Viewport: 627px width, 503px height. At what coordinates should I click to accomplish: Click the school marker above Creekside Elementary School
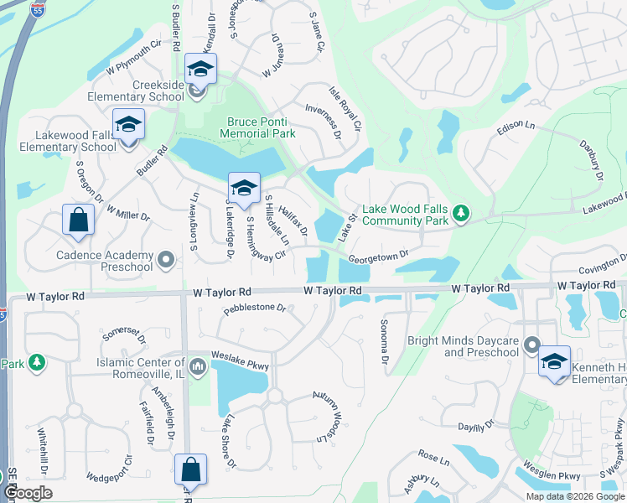pos(200,69)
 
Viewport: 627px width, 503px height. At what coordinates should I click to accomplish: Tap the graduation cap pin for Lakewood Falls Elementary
pos(128,125)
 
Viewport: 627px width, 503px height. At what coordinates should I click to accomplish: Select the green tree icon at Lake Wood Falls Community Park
pos(460,214)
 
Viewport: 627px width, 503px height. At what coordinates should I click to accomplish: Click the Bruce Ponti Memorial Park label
pos(261,127)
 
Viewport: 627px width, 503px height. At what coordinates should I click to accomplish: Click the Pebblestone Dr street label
pos(255,309)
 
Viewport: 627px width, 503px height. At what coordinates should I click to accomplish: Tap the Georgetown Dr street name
pos(378,255)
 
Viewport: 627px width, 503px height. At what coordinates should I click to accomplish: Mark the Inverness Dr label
pos(323,122)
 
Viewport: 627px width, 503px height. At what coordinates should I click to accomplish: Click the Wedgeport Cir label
pos(110,474)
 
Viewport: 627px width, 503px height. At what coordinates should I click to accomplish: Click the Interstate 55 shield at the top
pos(38,10)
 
